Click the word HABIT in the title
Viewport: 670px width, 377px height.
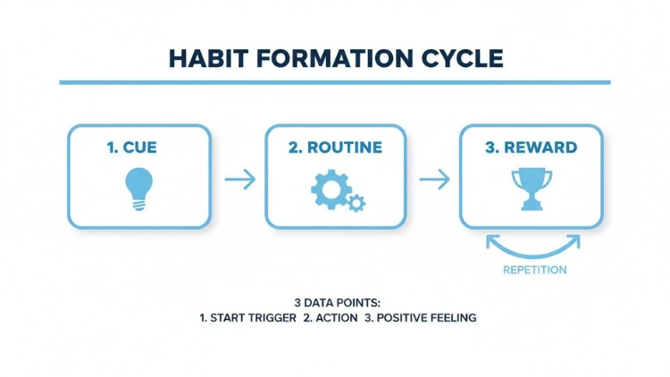click(208, 59)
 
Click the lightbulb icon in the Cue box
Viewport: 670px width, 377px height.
click(138, 188)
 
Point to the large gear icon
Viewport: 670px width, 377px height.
click(331, 189)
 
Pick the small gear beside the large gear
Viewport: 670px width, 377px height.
click(356, 203)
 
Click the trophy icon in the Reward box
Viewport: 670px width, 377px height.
click(532, 188)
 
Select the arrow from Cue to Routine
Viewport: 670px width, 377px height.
click(240, 179)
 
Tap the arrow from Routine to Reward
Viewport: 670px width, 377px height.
click(434, 179)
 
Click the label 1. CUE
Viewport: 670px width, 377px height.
click(131, 147)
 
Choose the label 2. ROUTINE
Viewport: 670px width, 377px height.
click(335, 147)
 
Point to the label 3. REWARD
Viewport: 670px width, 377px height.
click(532, 147)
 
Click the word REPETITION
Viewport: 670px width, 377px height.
click(534, 270)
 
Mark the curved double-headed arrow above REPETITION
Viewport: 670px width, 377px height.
click(533, 247)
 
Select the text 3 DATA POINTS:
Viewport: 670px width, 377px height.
click(337, 303)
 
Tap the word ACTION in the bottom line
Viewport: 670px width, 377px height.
click(336, 318)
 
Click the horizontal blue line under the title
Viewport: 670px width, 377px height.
click(335, 82)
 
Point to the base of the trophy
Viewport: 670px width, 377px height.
click(532, 207)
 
